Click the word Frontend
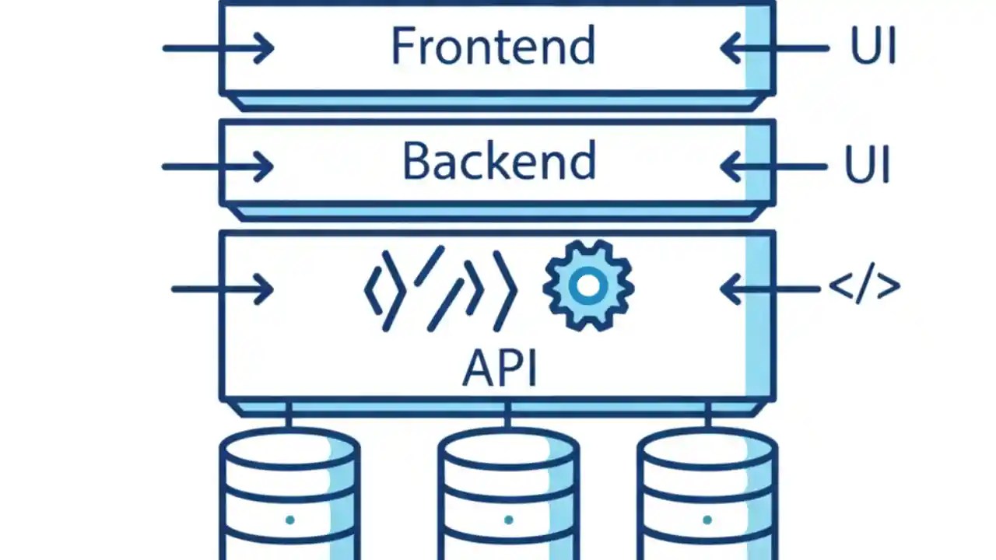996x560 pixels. click(493, 46)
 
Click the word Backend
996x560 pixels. click(499, 162)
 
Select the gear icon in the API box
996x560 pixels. click(588, 285)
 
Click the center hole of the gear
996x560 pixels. click(588, 286)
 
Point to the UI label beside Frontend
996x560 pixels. click(873, 47)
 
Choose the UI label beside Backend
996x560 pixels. click(867, 166)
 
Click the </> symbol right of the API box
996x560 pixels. click(864, 287)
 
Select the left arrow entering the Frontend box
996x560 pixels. click(219, 48)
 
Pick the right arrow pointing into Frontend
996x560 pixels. click(773, 48)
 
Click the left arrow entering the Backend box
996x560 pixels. click(218, 166)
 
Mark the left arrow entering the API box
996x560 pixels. click(223, 289)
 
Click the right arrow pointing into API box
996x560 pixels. click(770, 289)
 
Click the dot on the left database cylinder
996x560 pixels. click(289, 520)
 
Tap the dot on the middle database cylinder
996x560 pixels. click(508, 520)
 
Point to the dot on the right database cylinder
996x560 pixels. click(707, 520)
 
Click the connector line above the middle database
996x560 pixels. click(507, 415)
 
